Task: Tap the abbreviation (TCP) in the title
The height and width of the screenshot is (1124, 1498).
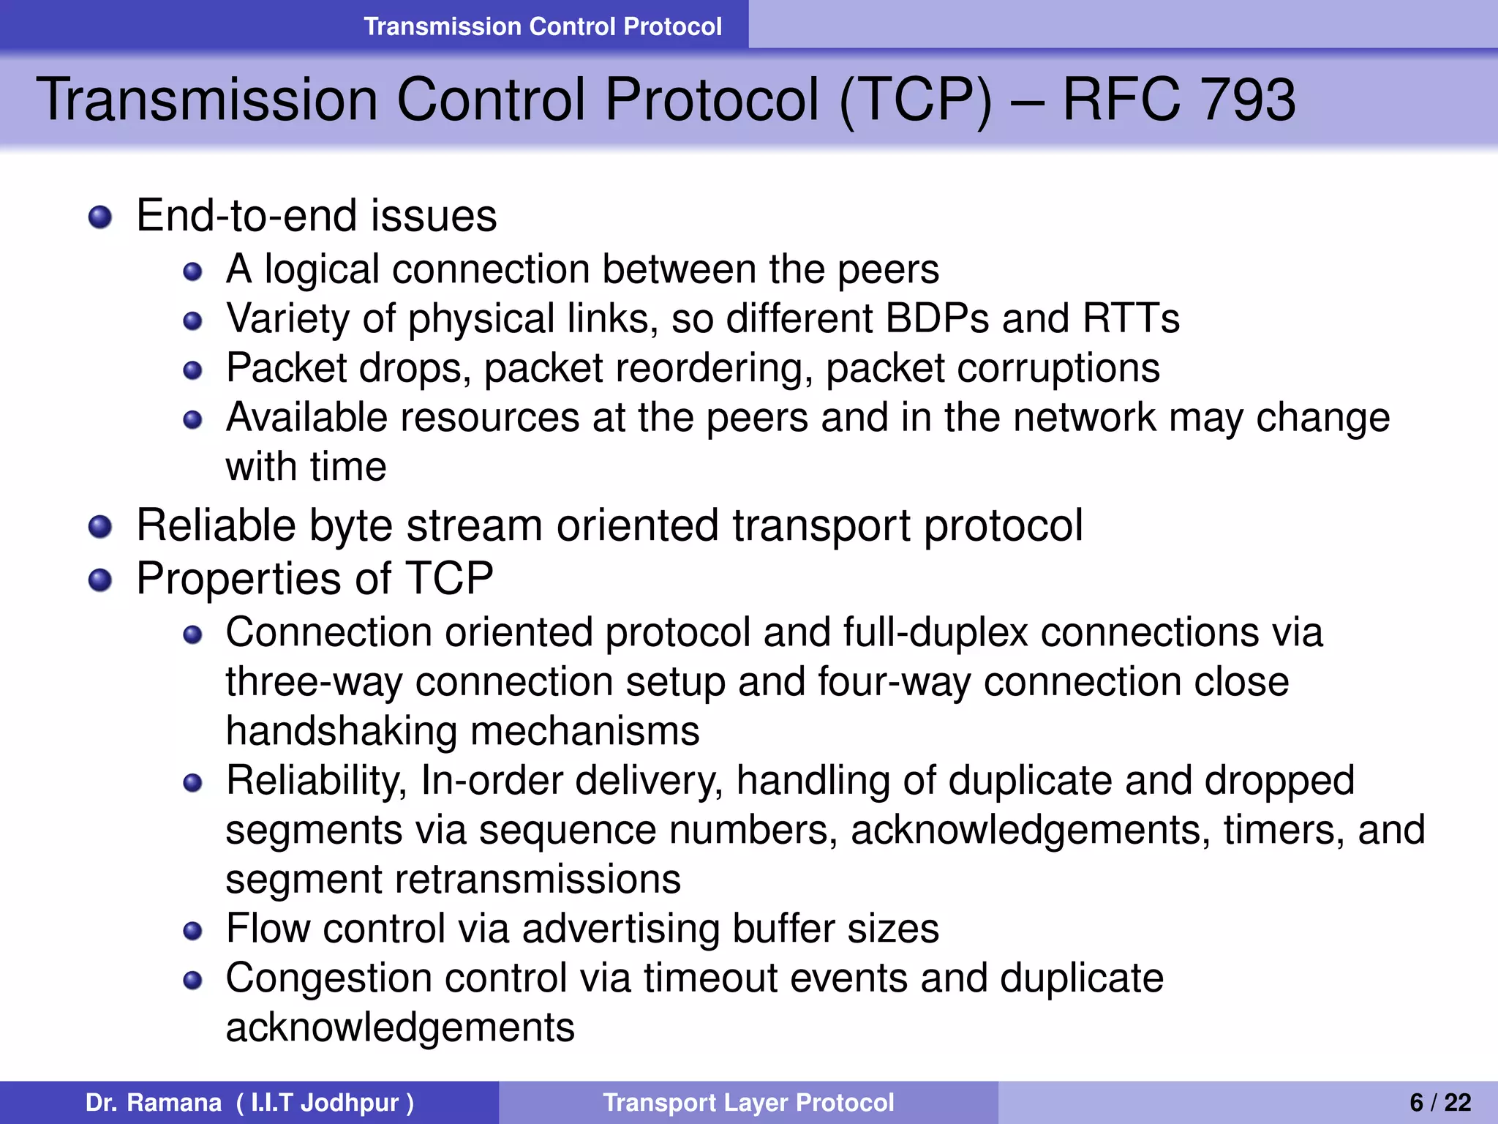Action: (x=916, y=100)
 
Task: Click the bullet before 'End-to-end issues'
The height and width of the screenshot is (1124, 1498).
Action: (x=99, y=217)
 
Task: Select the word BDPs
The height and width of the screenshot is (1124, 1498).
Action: (x=937, y=319)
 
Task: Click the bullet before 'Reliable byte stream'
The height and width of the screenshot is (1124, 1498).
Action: (x=99, y=527)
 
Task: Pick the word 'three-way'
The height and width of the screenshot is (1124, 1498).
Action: (x=314, y=683)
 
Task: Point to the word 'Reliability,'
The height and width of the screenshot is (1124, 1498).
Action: (x=316, y=782)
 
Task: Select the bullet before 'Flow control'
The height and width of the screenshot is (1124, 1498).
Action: (x=192, y=931)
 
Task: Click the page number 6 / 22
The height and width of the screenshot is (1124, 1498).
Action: (x=1440, y=1102)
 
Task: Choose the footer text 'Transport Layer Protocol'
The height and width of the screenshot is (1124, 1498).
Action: (x=748, y=1102)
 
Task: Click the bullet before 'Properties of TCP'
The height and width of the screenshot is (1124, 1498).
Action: (x=99, y=581)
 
